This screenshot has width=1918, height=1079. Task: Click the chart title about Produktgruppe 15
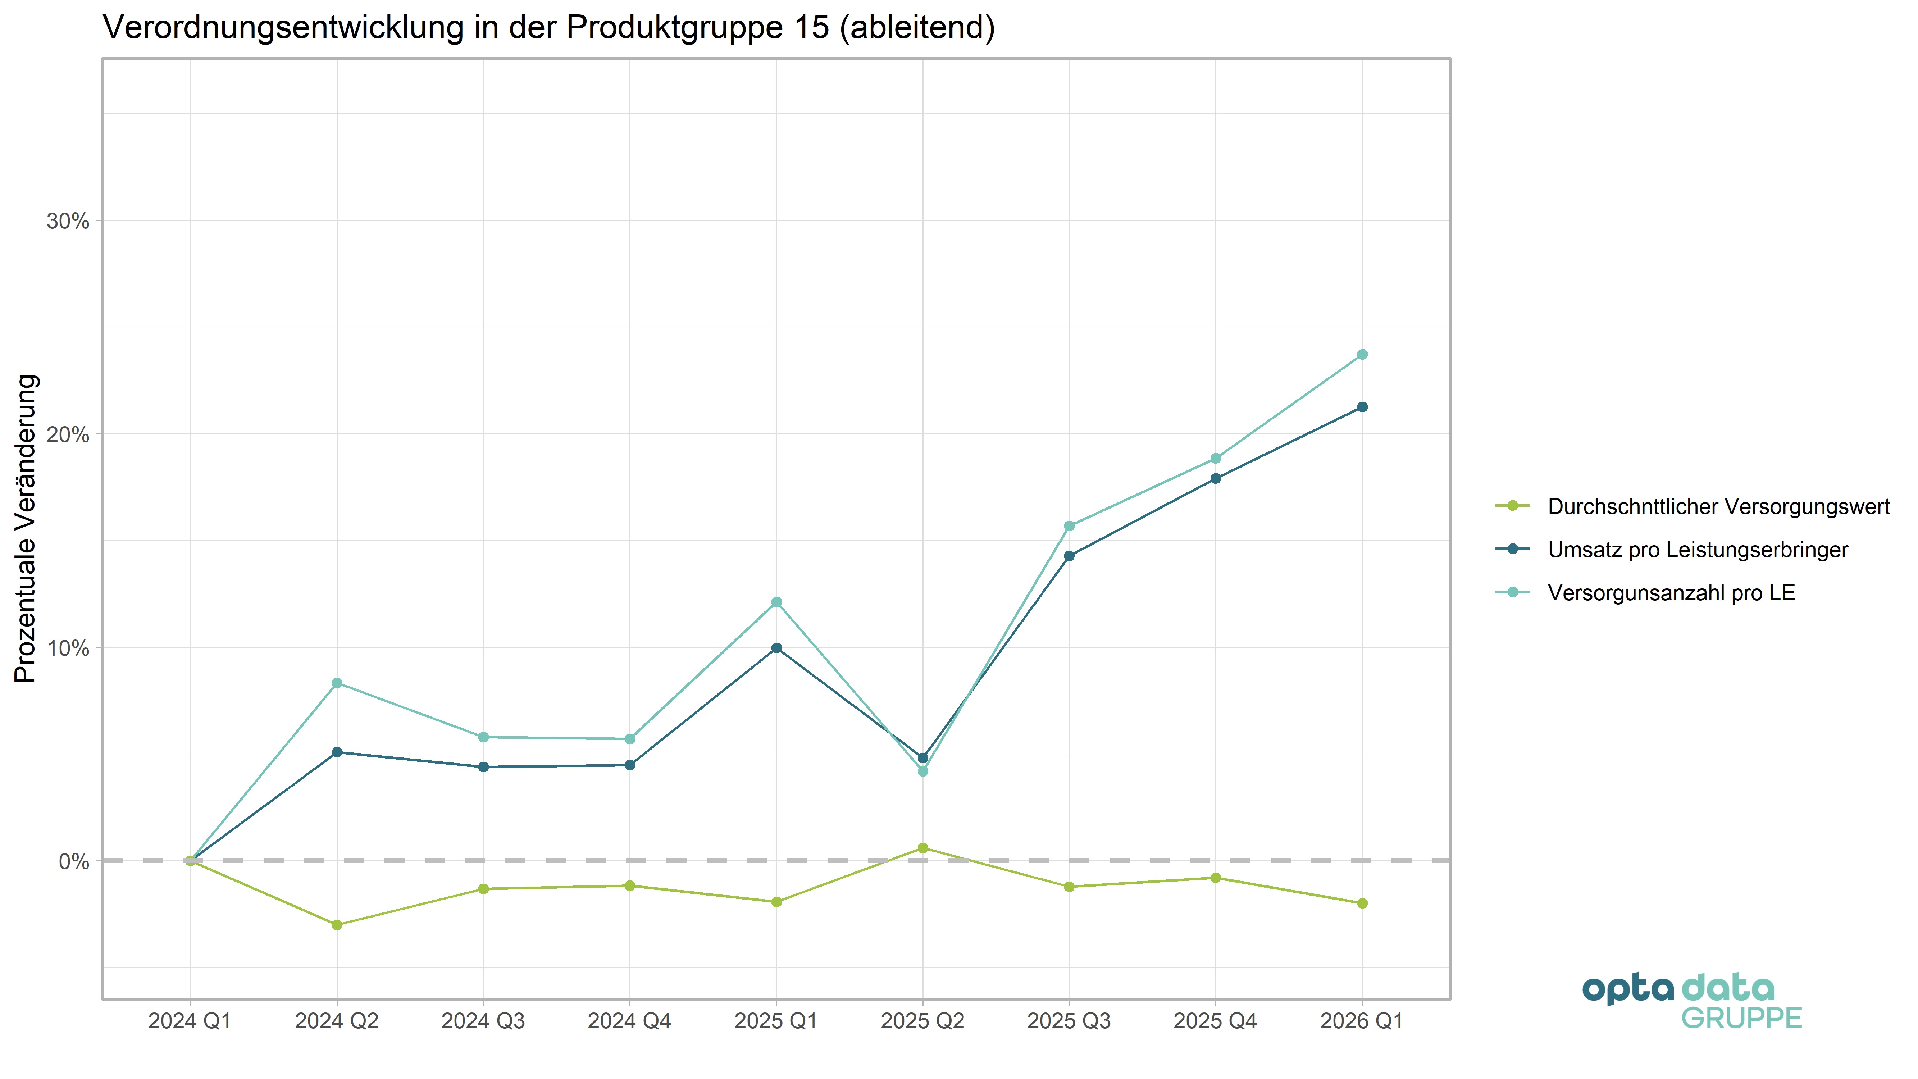[549, 28]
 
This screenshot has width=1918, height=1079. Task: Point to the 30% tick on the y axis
[68, 221]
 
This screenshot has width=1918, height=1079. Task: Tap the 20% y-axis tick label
[68, 435]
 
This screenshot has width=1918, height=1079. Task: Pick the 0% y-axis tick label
[74, 861]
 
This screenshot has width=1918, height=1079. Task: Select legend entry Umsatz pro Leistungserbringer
[1698, 550]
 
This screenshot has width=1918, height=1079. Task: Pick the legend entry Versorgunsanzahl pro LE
[1671, 593]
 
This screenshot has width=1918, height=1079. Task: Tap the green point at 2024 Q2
[337, 925]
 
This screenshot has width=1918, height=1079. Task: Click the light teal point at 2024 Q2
[337, 683]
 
